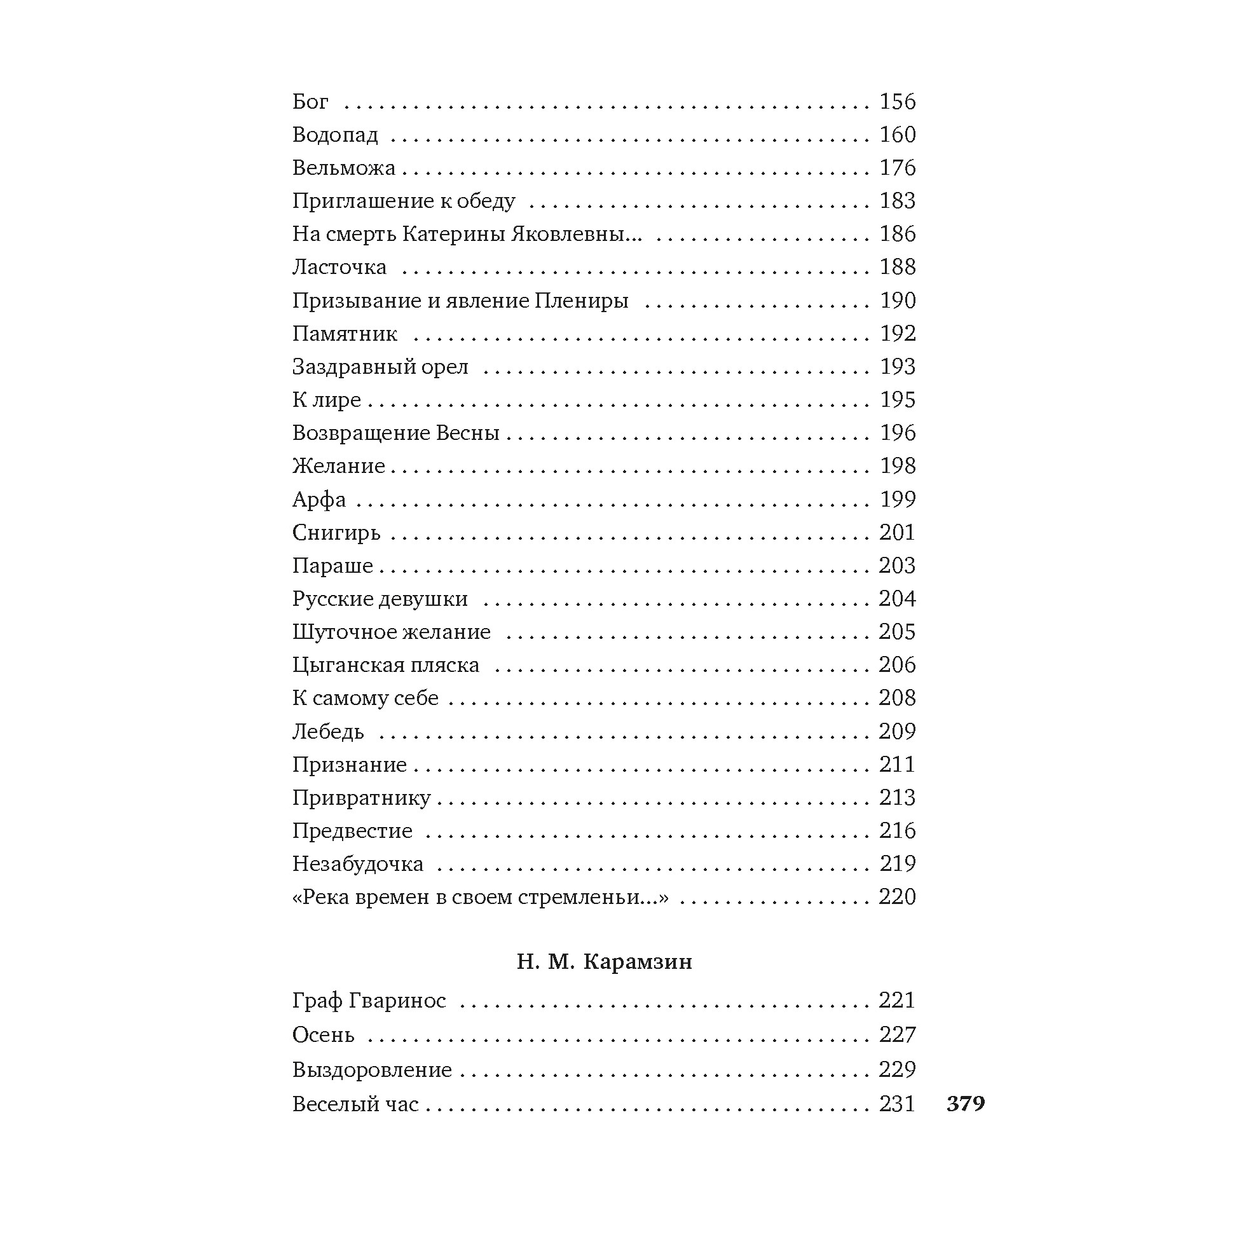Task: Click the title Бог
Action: (310, 101)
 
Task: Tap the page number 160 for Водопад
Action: (897, 135)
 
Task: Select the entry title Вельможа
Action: (344, 168)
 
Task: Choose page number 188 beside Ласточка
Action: (897, 267)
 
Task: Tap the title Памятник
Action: (345, 334)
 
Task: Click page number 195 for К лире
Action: (897, 399)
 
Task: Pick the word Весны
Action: (467, 433)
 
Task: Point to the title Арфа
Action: (318, 500)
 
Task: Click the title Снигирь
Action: (336, 533)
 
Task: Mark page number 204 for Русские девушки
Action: (897, 599)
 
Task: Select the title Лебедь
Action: (327, 732)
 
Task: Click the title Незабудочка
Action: (358, 864)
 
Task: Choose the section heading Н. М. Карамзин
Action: (604, 962)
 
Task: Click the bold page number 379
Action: (965, 1103)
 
